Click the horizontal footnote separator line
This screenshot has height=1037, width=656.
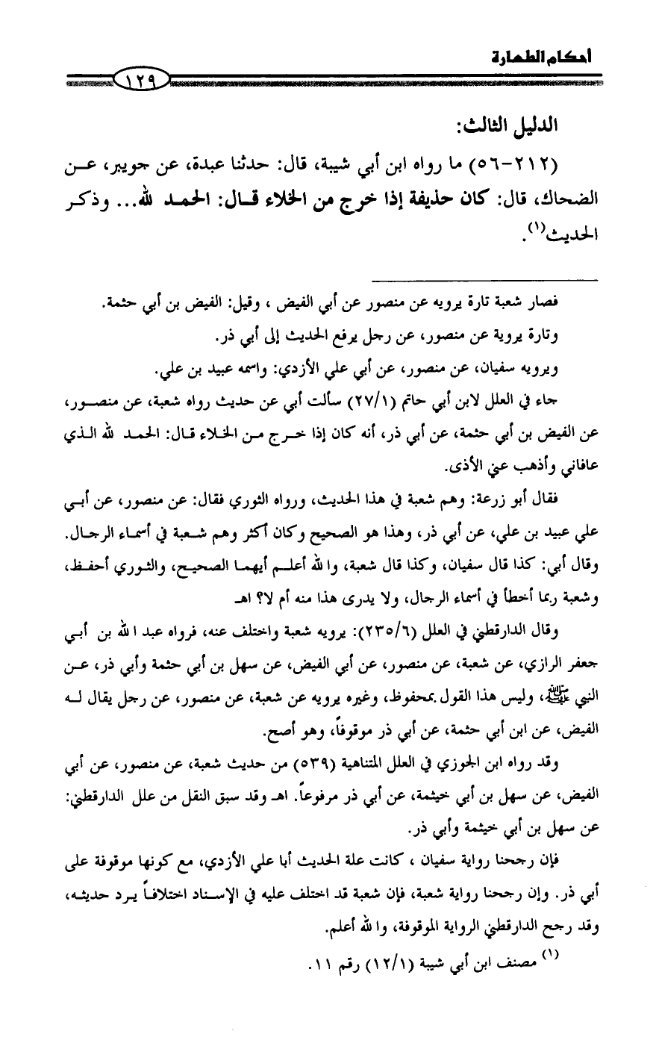click(549, 281)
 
